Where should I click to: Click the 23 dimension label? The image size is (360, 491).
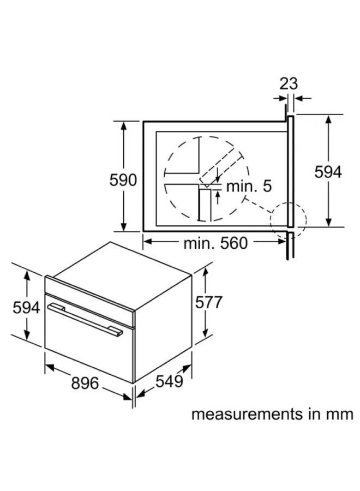coord(289,83)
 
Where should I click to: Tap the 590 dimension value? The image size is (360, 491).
coord(123,180)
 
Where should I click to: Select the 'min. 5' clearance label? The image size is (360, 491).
coord(249,186)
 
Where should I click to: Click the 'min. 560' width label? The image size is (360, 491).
coord(215,243)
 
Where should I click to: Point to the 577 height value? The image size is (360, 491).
coord(208,302)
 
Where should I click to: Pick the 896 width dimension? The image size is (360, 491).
coord(85,383)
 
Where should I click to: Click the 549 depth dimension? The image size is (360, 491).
coord(169,381)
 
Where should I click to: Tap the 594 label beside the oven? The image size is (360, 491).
coord(26,308)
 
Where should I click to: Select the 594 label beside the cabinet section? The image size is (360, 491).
coord(328,172)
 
